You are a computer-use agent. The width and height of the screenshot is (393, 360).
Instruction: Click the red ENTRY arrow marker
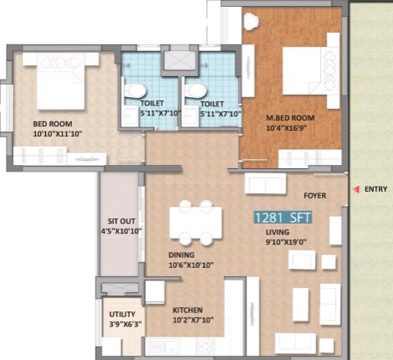356,190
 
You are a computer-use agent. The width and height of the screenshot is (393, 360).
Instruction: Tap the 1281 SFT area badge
282,218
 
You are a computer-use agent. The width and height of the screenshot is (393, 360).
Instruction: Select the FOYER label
315,196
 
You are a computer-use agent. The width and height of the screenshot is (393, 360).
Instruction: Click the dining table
196,223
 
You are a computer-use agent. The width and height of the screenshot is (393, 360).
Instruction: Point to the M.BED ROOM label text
290,118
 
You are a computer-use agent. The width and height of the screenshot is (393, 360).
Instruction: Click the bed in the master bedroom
311,70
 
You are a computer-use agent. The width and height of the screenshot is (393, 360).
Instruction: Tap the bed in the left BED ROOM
60,81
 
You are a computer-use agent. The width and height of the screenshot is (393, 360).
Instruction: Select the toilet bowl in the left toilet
135,90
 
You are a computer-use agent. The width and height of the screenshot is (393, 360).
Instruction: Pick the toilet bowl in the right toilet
195,90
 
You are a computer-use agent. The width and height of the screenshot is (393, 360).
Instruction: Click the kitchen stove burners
205,347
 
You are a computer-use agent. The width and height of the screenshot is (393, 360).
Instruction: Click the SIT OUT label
122,221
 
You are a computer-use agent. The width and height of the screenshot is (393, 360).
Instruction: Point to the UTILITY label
122,314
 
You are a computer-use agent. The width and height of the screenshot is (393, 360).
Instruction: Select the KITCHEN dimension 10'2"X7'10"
194,320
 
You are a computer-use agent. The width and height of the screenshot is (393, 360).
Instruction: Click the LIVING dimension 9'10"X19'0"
286,242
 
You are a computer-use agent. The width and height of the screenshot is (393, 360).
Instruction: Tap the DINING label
181,255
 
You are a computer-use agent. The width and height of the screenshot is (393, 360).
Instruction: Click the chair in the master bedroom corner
251,21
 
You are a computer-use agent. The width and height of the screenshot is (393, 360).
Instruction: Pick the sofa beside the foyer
266,183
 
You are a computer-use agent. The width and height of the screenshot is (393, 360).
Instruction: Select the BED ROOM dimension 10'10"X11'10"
58,134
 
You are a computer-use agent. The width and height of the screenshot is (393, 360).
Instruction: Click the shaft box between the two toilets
179,60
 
